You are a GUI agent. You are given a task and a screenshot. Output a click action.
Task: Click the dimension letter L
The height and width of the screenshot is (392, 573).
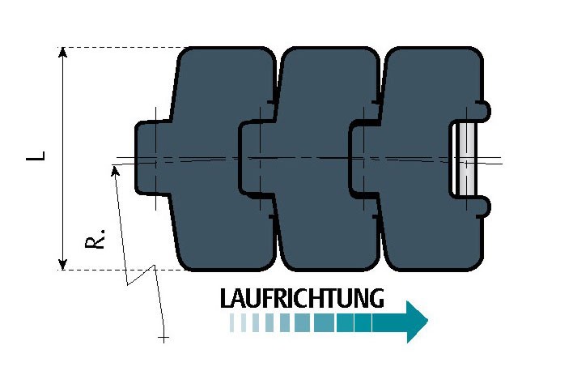tap(36, 156)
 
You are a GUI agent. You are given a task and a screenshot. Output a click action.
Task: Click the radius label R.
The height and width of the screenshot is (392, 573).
tap(95, 239)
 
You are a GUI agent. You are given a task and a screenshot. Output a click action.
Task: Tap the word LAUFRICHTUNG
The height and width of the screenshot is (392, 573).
tap(302, 298)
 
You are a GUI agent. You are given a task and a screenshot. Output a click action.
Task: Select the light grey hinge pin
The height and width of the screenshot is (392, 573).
tap(465, 159)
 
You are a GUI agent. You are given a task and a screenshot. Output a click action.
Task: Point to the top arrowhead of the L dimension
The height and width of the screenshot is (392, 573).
tap(63, 53)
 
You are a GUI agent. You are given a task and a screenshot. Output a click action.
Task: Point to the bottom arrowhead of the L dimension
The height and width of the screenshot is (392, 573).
tap(63, 264)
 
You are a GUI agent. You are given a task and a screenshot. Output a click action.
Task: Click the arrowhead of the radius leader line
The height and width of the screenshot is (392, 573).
tap(115, 170)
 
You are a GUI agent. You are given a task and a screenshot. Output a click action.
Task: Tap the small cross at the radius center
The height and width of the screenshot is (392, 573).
tap(163, 338)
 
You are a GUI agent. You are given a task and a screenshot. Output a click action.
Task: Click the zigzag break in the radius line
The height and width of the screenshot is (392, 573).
tap(142, 275)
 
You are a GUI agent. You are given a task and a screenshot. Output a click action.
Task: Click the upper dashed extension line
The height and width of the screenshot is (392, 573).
tap(122, 48)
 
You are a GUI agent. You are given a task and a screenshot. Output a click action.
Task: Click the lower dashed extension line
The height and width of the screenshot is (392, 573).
tap(122, 271)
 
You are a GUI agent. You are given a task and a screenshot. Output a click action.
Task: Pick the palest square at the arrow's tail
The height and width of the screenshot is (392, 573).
tap(231, 322)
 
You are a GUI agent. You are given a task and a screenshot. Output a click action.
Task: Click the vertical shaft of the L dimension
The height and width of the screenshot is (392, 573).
tap(63, 159)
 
